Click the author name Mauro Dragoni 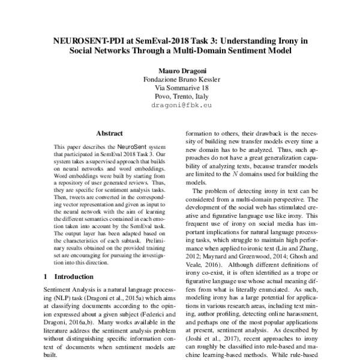[180, 70]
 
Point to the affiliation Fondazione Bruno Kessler [180, 79]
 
